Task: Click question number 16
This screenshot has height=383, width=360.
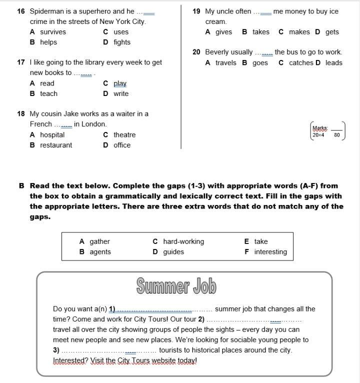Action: point(21,11)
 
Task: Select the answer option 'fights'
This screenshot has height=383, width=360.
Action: point(121,42)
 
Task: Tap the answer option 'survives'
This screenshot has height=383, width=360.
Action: point(53,32)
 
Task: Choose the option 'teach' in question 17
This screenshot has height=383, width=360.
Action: point(48,93)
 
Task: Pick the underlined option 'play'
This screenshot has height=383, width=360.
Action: point(120,83)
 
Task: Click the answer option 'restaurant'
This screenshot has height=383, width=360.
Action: point(56,145)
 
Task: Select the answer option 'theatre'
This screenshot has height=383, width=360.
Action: point(124,134)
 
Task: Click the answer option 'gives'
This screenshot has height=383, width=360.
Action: point(223,32)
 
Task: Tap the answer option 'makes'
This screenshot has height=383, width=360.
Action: point(299,32)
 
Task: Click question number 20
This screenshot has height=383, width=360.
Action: point(196,52)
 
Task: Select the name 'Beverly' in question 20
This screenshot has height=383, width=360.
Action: point(218,52)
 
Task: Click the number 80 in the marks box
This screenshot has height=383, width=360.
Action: point(337,135)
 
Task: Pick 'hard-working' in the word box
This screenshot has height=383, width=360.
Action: point(183,241)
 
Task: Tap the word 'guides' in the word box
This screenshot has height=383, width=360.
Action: point(173,252)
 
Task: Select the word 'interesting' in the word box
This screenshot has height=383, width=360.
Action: point(270,252)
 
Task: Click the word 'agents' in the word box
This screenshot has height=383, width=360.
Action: point(100,252)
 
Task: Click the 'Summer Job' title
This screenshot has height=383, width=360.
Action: point(176,286)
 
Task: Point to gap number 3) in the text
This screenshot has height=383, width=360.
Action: point(56,350)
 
